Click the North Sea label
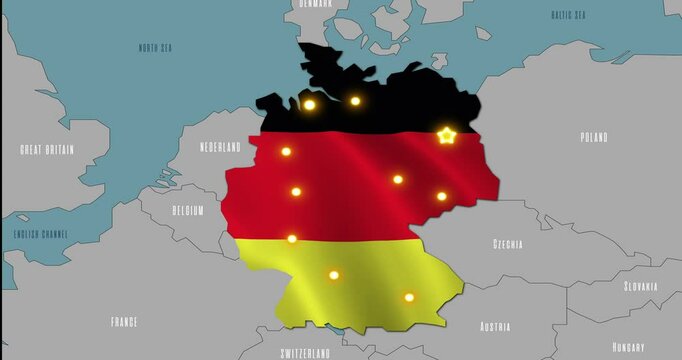click(155, 48)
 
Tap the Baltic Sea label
click(568, 15)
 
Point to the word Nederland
click(220, 147)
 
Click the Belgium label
click(187, 211)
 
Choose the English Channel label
click(41, 234)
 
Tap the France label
click(124, 322)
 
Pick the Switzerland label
click(305, 353)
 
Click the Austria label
click(495, 327)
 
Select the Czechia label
click(507, 244)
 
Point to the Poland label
click(594, 138)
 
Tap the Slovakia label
click(641, 286)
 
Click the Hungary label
click(629, 346)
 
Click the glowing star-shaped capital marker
click(446, 135)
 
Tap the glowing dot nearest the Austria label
click(409, 297)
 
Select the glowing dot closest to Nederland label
click(286, 152)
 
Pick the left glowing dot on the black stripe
click(309, 104)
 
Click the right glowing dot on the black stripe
click(355, 101)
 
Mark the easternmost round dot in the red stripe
click(441, 196)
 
